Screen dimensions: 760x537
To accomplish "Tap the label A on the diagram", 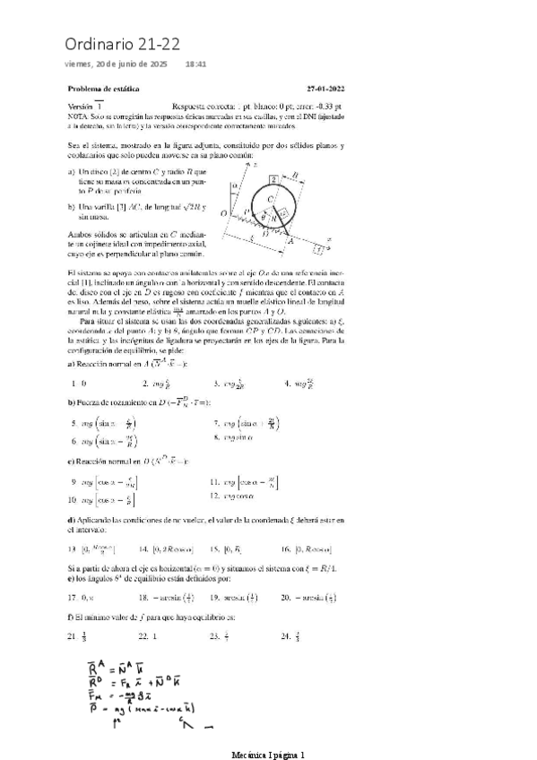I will tap(289, 241).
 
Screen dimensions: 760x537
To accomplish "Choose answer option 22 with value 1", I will tap(148, 636).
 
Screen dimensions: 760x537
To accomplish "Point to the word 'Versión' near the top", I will tap(81, 105).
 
